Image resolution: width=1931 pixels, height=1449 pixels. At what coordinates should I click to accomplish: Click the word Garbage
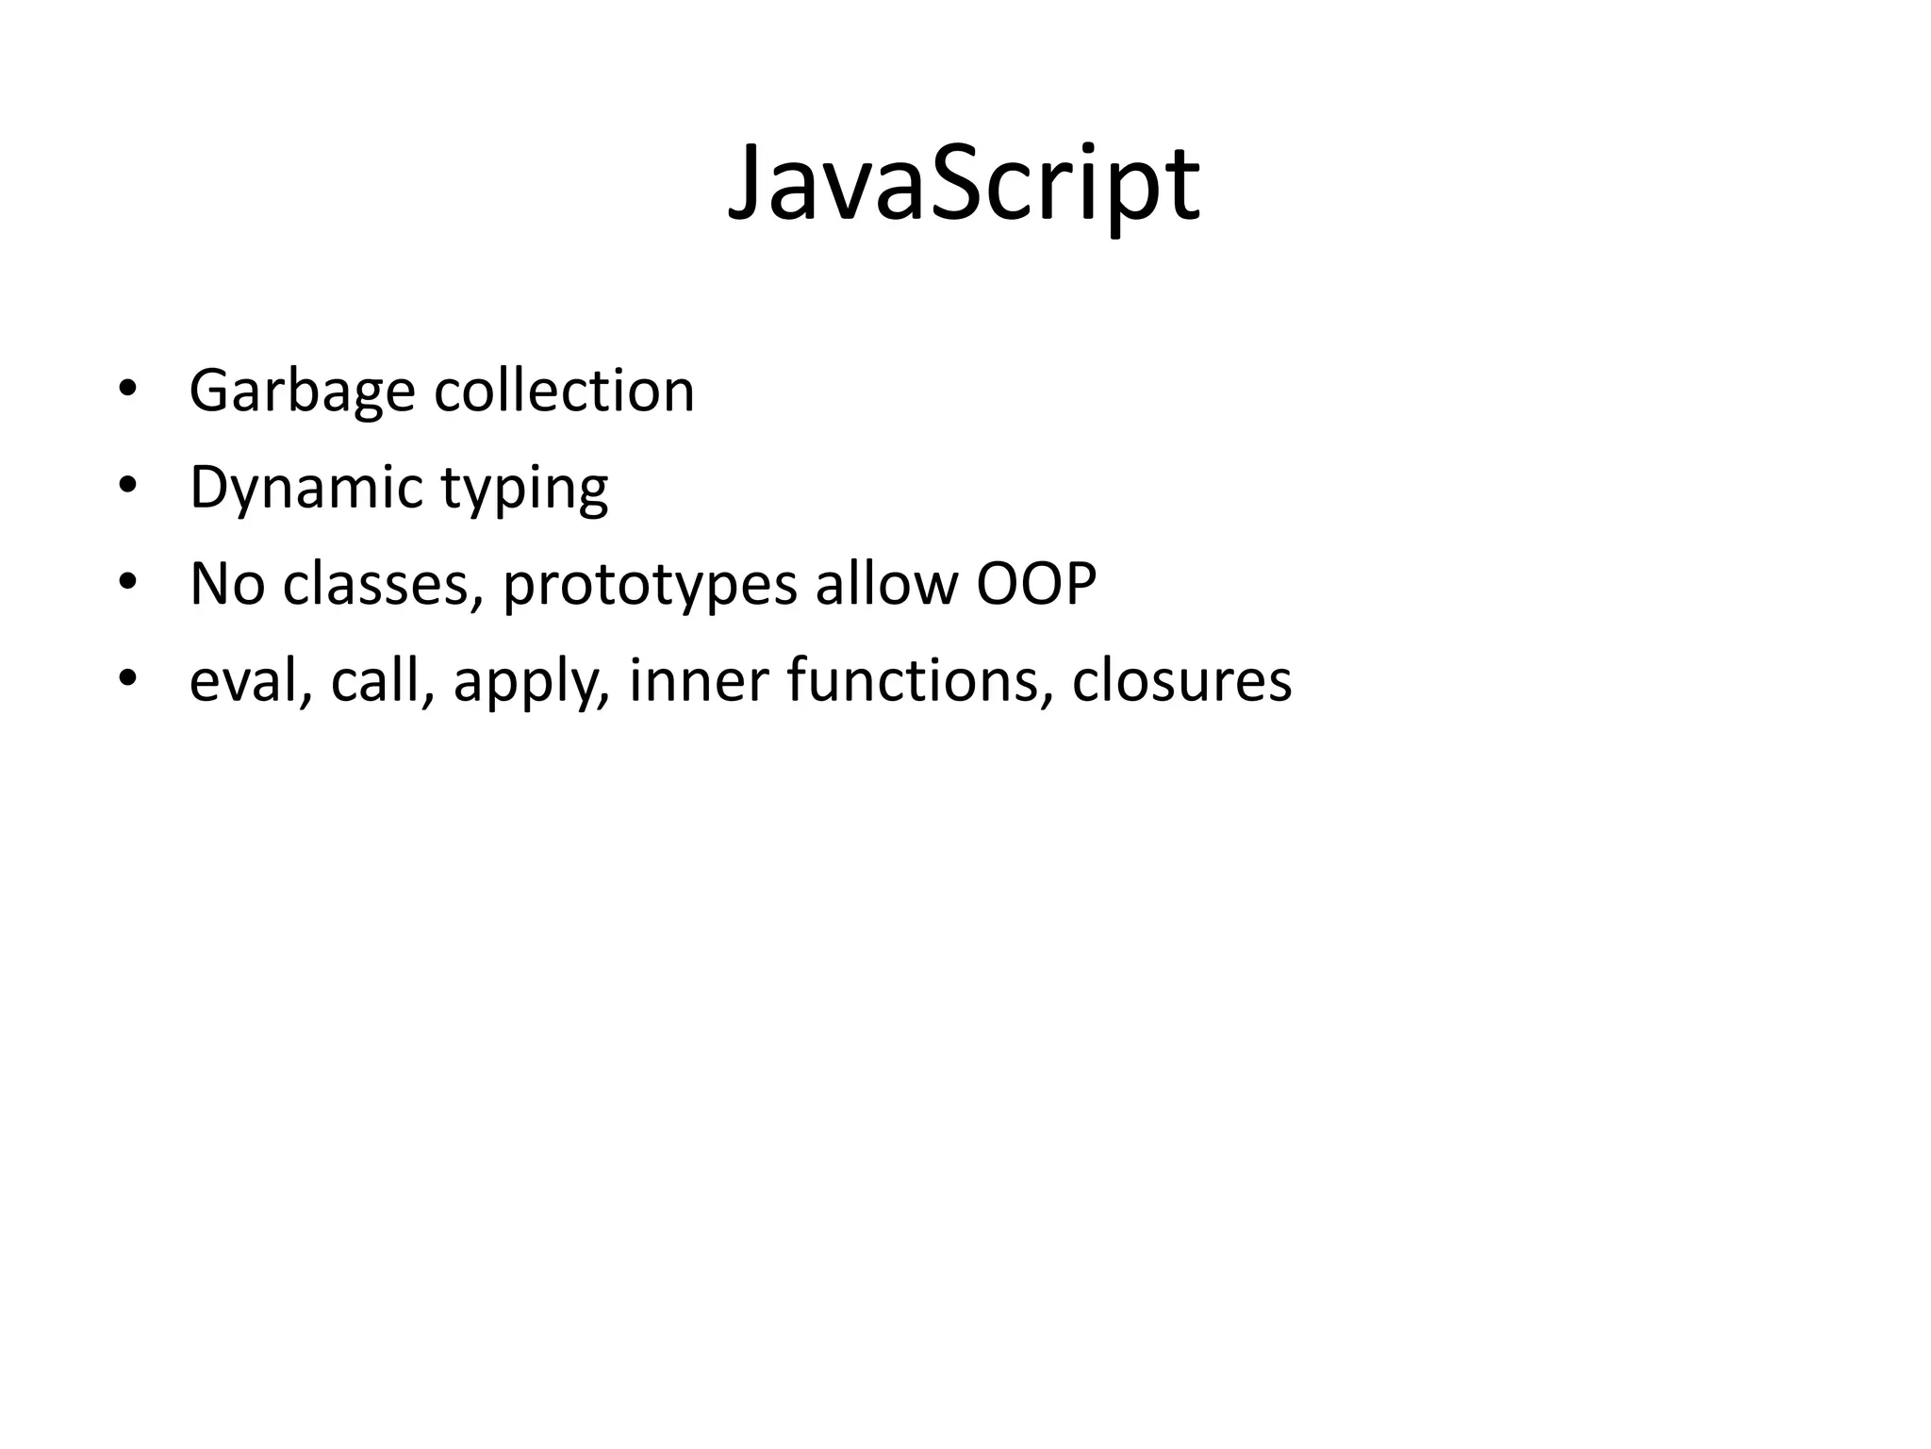(x=302, y=391)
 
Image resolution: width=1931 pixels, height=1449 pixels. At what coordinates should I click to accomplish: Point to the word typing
(x=524, y=491)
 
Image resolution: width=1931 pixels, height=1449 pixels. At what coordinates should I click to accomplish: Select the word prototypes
(x=650, y=585)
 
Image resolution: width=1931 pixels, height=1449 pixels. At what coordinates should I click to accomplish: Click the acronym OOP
(x=1035, y=583)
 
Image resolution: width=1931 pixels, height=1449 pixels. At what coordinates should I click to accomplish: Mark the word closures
(x=1181, y=680)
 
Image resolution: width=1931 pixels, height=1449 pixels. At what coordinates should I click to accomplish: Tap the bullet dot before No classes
(x=127, y=583)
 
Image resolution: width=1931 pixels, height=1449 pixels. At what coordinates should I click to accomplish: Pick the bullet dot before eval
(x=127, y=679)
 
